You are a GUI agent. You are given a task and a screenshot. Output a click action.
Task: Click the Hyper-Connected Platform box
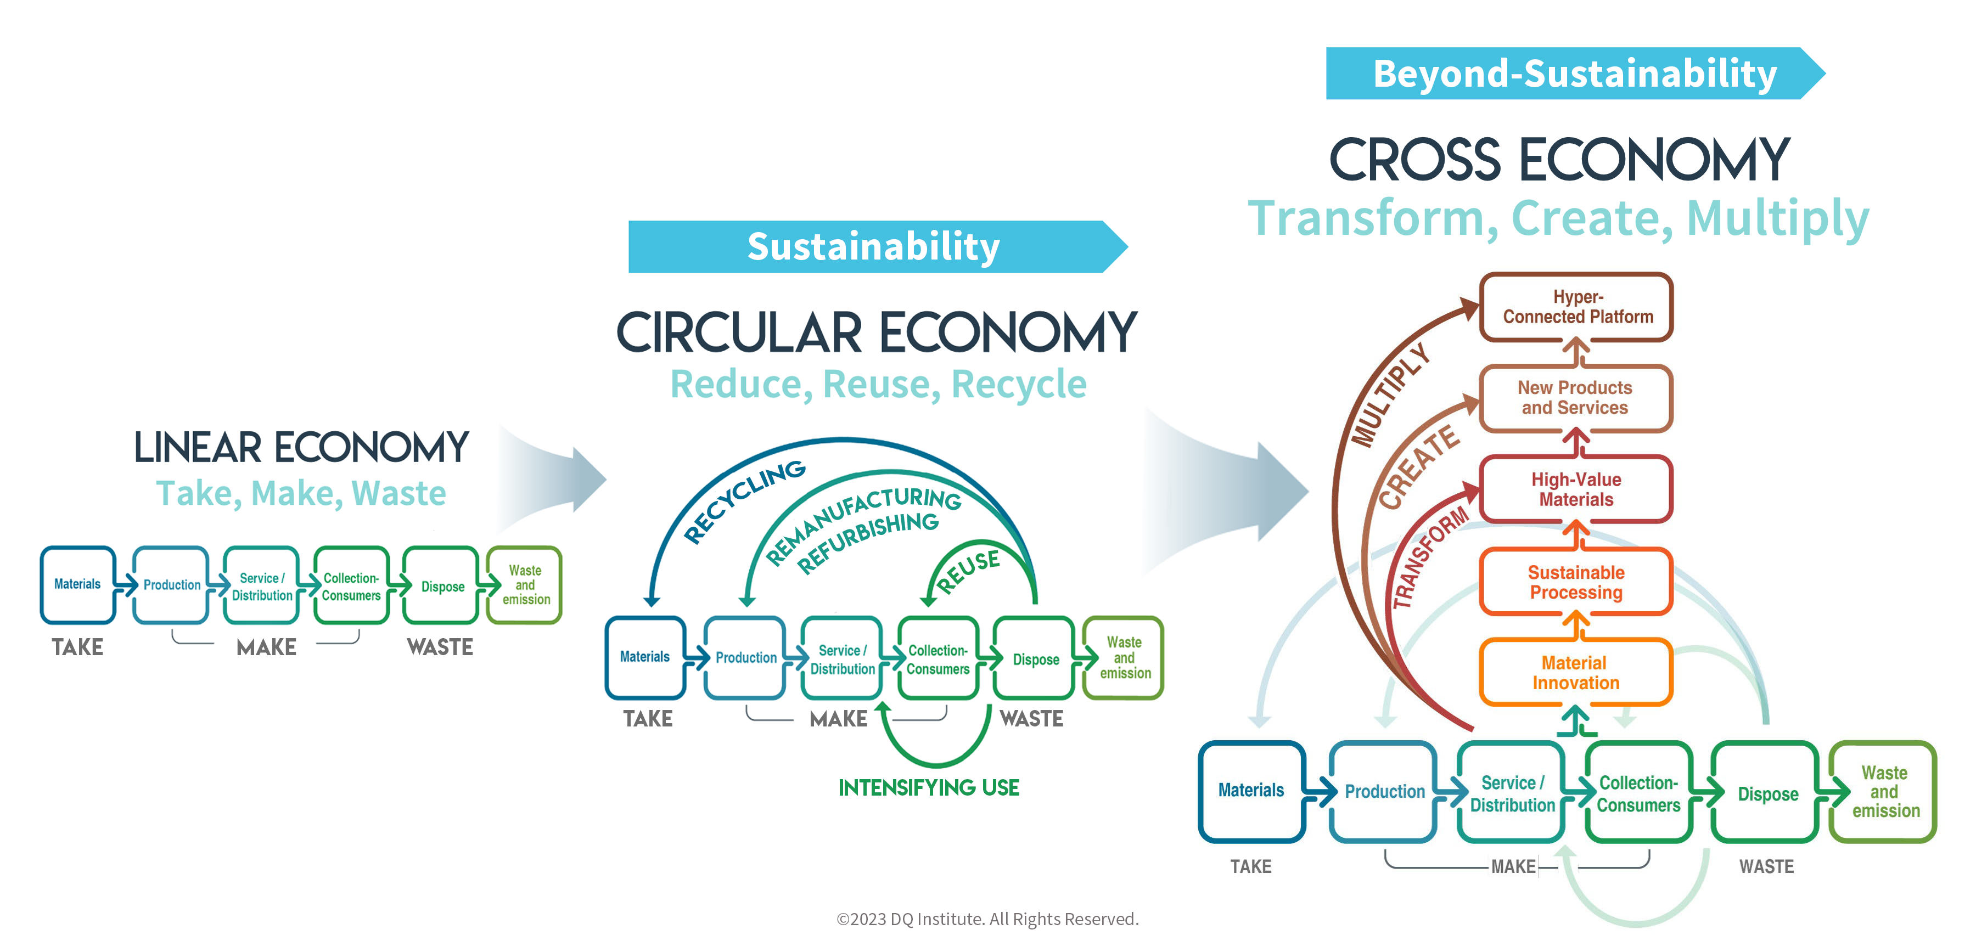pyautogui.click(x=1576, y=307)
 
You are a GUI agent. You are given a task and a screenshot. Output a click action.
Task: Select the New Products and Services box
pyautogui.click(x=1576, y=398)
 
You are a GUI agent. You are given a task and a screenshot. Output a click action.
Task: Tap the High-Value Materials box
pyautogui.click(x=1576, y=489)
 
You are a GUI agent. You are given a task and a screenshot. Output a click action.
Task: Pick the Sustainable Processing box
pyautogui.click(x=1576, y=582)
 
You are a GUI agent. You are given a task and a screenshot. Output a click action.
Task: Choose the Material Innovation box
pyautogui.click(x=1576, y=673)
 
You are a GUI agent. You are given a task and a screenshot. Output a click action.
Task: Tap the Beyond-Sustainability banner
pyautogui.click(x=1575, y=74)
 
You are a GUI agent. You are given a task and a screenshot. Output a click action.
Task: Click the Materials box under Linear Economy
pyautogui.click(x=77, y=584)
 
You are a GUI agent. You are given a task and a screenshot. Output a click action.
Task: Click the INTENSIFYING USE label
pyautogui.click(x=929, y=787)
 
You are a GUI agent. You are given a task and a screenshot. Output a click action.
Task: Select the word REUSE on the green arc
pyautogui.click(x=968, y=571)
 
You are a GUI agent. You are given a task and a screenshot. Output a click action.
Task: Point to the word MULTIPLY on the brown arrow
pyautogui.click(x=1390, y=395)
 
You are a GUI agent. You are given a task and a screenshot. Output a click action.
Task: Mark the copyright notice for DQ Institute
pyautogui.click(x=987, y=919)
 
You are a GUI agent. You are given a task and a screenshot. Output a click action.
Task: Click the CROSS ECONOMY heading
pyautogui.click(x=1559, y=160)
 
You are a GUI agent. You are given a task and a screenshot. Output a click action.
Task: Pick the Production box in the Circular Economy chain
pyautogui.click(x=745, y=658)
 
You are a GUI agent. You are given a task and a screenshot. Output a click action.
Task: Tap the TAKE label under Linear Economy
pyautogui.click(x=77, y=647)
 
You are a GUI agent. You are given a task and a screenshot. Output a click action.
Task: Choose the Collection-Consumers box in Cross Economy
pyautogui.click(x=1639, y=792)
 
